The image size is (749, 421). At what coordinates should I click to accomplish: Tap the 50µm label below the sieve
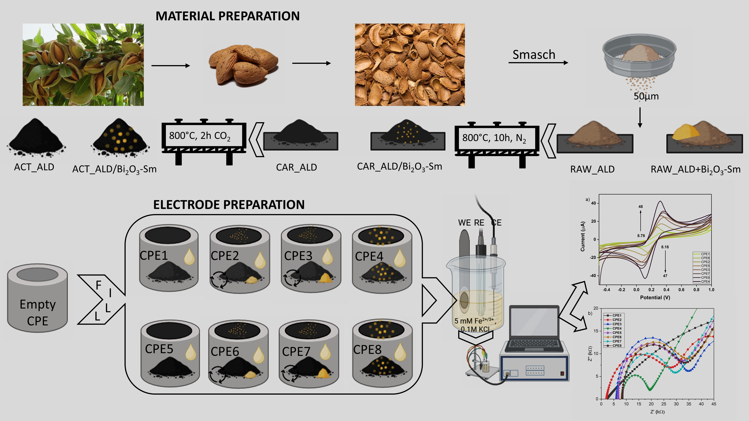(x=646, y=96)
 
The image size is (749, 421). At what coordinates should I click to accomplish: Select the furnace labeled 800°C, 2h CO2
(x=204, y=137)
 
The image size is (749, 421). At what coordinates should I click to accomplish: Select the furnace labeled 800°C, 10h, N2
(x=497, y=139)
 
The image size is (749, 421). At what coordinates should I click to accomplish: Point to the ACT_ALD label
(x=34, y=167)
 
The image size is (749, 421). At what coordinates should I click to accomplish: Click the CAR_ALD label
(x=296, y=167)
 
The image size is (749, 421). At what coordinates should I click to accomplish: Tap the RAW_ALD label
(x=592, y=169)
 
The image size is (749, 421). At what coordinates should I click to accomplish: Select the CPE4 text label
(x=369, y=256)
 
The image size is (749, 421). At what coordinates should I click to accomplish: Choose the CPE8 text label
(x=367, y=350)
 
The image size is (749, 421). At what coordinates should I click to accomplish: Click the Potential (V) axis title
(x=655, y=298)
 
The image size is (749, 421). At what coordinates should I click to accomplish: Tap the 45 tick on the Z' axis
(x=714, y=404)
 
